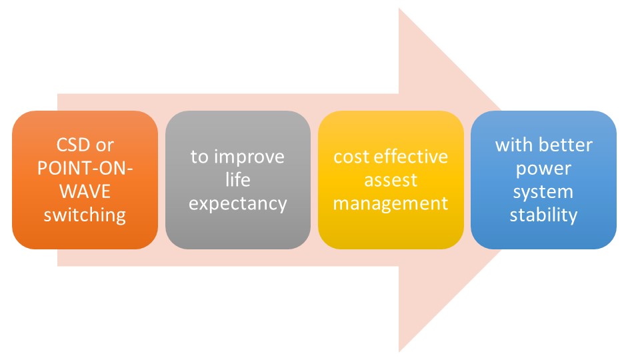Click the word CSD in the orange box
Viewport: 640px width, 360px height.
[x=69, y=145]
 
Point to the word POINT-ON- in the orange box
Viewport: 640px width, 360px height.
[x=85, y=169]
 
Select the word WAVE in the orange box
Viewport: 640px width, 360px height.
[x=85, y=192]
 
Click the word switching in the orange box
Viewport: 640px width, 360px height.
[x=85, y=215]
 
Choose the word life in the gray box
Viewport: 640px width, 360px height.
[x=238, y=180]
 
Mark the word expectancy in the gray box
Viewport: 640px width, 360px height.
[x=238, y=203]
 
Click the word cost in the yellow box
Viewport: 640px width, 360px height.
[x=351, y=157]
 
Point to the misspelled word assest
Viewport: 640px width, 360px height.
[x=391, y=180]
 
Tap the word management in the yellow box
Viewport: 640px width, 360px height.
[x=391, y=203]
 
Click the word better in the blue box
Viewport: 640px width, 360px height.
[x=567, y=145]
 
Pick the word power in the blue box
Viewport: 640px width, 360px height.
[x=543, y=169]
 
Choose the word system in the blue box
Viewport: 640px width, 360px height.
[x=543, y=192]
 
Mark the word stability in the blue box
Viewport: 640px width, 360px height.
[x=543, y=215]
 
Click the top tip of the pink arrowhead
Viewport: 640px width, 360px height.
[x=399, y=9]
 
